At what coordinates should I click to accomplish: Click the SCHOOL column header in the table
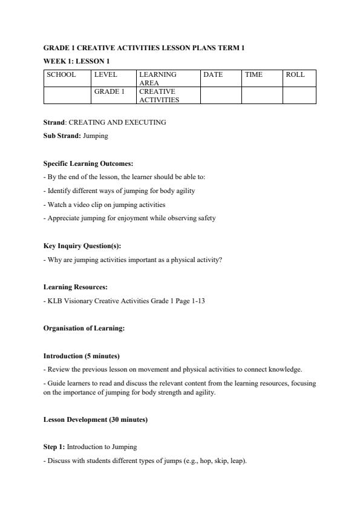click(x=61, y=75)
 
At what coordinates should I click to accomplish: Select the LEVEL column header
click(x=105, y=75)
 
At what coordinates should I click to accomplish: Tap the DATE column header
click(x=213, y=75)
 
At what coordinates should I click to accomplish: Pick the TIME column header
click(x=254, y=75)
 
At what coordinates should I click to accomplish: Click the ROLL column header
click(x=295, y=75)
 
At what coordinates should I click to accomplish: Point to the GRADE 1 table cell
click(x=109, y=91)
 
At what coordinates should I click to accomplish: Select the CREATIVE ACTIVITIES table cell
click(x=159, y=96)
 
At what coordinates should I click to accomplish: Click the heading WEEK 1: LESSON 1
click(x=76, y=61)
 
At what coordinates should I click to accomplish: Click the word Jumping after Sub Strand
click(x=96, y=136)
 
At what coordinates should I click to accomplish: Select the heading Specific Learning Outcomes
click(x=88, y=164)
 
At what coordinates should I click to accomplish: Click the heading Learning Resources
click(x=76, y=287)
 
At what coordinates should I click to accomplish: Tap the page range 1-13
click(x=197, y=301)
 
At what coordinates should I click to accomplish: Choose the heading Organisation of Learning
click(x=84, y=328)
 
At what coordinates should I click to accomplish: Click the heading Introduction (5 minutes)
click(x=82, y=356)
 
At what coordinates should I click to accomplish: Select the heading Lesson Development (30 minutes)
click(x=96, y=419)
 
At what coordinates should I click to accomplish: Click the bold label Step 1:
click(x=54, y=447)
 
